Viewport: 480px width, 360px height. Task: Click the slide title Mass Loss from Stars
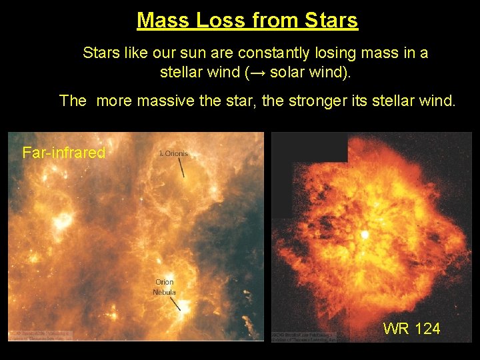point(247,20)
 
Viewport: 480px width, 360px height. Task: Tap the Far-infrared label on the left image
point(64,153)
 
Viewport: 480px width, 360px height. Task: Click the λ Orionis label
point(174,153)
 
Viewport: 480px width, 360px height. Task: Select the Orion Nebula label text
point(165,287)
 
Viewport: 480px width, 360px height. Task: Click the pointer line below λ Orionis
point(180,167)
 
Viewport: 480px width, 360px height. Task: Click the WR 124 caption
point(411,328)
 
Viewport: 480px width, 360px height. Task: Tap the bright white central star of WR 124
point(365,235)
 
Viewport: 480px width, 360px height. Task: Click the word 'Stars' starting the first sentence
point(99,53)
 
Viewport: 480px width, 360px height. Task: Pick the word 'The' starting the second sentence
point(73,101)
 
